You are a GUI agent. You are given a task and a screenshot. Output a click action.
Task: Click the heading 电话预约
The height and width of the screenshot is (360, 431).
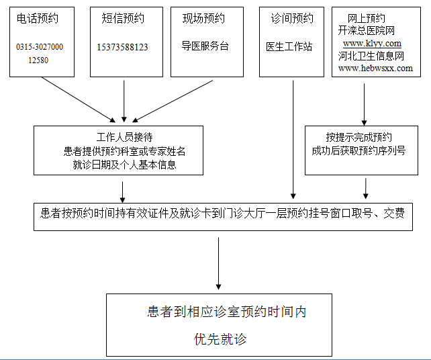[x=38, y=19]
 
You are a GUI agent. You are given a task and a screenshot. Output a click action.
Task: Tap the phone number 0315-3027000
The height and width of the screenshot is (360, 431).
[x=40, y=47]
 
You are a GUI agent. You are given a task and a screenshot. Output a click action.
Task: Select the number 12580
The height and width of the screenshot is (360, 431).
[x=38, y=60]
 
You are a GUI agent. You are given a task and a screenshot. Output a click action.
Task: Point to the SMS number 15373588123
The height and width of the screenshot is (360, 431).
[x=122, y=47]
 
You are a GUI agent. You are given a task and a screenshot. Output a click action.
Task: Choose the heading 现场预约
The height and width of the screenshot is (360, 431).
[x=203, y=19]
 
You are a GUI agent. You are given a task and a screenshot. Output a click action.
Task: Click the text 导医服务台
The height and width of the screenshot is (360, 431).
[x=205, y=46]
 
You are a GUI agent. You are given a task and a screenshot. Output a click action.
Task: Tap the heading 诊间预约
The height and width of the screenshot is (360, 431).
[x=292, y=19]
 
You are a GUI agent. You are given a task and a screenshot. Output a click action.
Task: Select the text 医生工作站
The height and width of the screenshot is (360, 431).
[x=289, y=47]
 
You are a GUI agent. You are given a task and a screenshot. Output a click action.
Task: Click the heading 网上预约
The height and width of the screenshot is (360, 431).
[x=367, y=17]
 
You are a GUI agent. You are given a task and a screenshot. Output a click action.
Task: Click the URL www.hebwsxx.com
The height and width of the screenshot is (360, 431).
[x=375, y=69]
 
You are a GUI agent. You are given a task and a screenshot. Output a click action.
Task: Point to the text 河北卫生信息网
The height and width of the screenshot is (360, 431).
[x=371, y=56]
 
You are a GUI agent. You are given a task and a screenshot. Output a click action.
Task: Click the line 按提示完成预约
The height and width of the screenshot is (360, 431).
[x=359, y=138]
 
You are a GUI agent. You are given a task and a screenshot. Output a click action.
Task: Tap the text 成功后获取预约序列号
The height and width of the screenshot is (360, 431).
[x=359, y=151]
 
